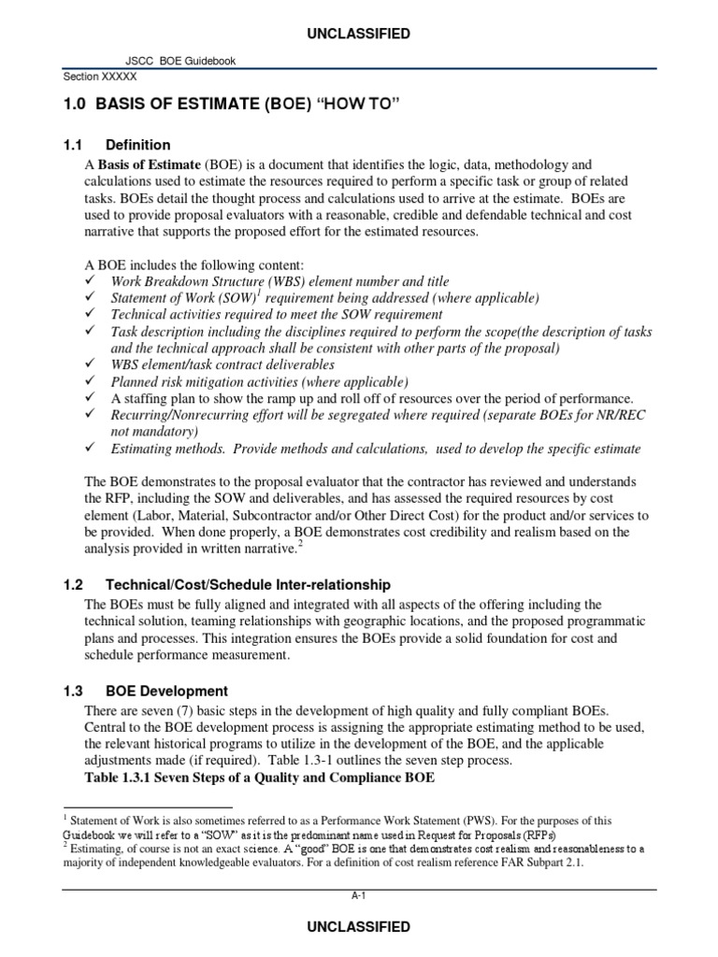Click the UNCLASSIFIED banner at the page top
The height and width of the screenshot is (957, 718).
pyautogui.click(x=359, y=35)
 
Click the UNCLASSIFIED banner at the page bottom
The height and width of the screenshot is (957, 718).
pyautogui.click(x=359, y=927)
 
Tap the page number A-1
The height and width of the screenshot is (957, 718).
pyautogui.click(x=359, y=895)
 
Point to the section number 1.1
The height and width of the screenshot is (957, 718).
pyautogui.click(x=74, y=145)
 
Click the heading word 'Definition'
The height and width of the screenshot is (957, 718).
pyautogui.click(x=138, y=145)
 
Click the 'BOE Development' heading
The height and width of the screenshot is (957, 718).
pyautogui.click(x=166, y=691)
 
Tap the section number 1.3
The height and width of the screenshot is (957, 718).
pyautogui.click(x=74, y=691)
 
